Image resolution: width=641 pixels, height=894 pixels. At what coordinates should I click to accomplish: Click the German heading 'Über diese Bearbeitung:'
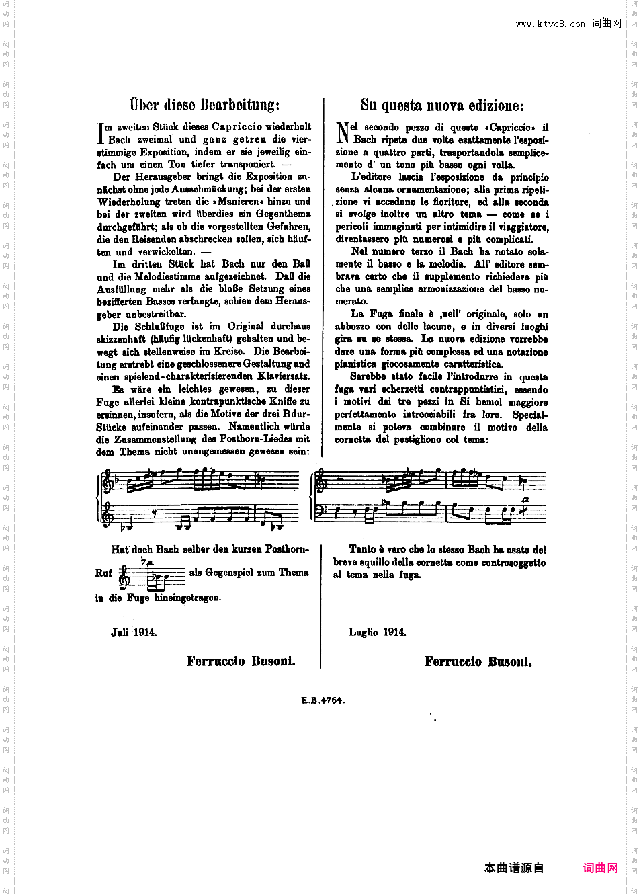[x=205, y=105]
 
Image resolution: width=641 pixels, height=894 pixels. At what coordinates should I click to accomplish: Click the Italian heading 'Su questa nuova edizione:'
[x=442, y=105]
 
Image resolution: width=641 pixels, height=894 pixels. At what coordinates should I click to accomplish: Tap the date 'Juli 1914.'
[x=134, y=633]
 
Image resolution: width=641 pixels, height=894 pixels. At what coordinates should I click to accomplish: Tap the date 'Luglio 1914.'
[x=378, y=633]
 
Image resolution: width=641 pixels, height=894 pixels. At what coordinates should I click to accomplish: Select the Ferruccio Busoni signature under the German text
[x=241, y=661]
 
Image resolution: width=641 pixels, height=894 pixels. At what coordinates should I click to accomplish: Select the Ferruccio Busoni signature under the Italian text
[x=478, y=662]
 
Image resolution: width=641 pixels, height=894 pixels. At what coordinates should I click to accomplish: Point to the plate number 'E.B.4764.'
[x=323, y=700]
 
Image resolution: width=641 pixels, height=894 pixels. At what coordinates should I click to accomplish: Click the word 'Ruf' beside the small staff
[x=103, y=573]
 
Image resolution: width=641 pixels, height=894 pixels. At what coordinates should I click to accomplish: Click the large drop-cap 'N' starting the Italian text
[x=343, y=132]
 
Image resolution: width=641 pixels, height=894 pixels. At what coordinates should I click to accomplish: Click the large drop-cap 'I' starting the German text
[x=101, y=133]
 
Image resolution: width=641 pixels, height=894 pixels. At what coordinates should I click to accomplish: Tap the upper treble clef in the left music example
[x=108, y=483]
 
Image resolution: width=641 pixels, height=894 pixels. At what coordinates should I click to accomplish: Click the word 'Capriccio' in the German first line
[x=237, y=127]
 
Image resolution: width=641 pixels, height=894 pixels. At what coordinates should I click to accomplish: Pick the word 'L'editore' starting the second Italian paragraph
[x=371, y=177]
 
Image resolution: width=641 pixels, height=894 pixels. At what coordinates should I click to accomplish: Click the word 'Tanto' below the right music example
[x=362, y=550]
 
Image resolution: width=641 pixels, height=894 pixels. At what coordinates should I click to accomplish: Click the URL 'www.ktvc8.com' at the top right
[x=550, y=24]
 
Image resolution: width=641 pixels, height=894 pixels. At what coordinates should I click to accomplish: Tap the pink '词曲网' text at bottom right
[x=600, y=868]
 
